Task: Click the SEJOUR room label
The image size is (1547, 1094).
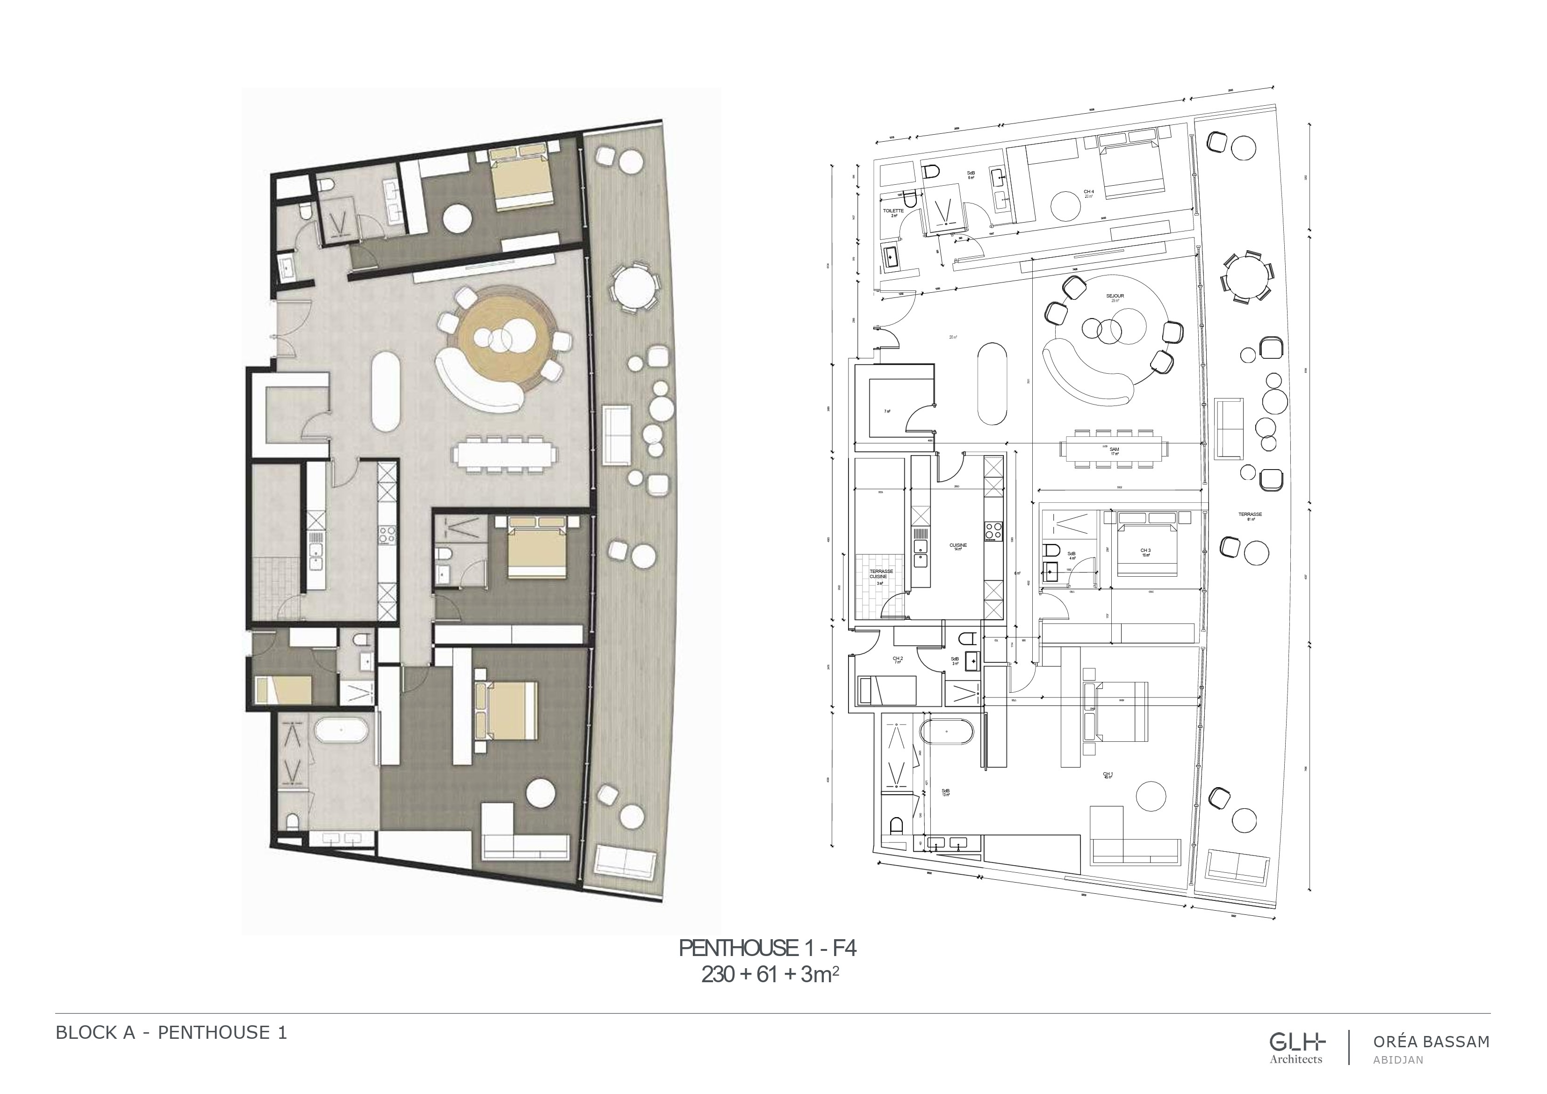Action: click(1115, 297)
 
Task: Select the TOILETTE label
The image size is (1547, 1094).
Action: click(893, 211)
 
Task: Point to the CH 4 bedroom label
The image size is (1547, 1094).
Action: click(1088, 193)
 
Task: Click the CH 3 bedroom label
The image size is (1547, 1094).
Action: click(1145, 551)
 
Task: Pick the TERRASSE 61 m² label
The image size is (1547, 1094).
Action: click(1250, 515)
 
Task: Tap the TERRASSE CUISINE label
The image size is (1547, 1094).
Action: click(880, 574)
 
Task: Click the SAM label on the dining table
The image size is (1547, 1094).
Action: click(1115, 450)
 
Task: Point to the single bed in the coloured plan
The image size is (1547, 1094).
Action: click(283, 690)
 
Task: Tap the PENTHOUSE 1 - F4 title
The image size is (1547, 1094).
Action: click(768, 949)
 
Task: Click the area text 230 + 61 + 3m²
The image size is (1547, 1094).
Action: click(770, 975)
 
